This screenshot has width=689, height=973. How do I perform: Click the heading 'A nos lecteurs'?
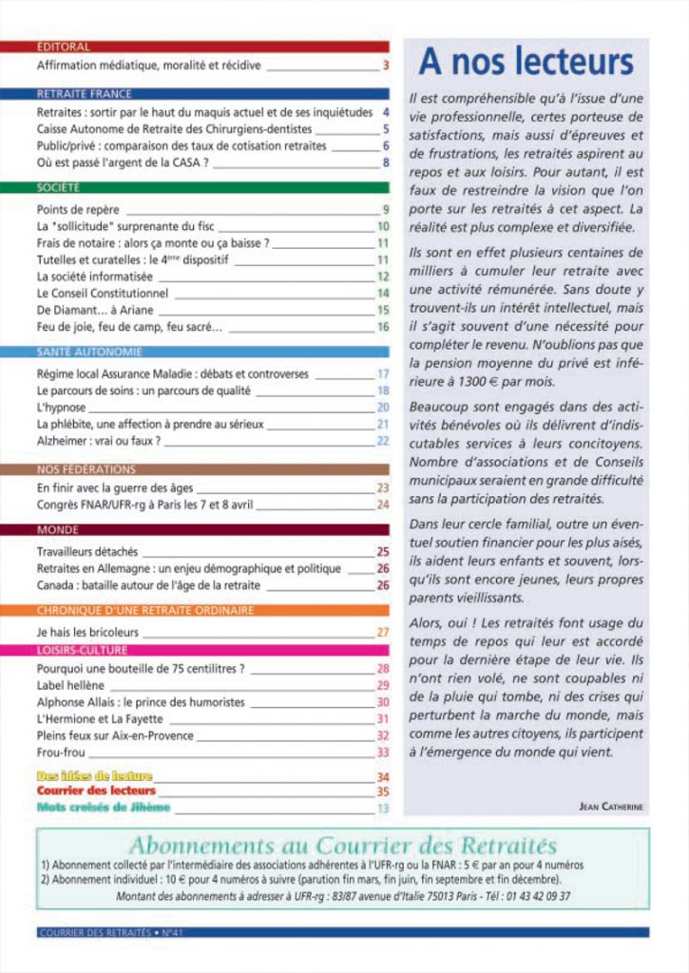pyautogui.click(x=526, y=63)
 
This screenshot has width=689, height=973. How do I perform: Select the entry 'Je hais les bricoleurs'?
pyautogui.click(x=87, y=632)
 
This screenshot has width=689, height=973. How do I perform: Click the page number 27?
pyautogui.click(x=383, y=632)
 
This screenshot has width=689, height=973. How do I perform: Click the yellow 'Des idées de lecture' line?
pyautogui.click(x=94, y=776)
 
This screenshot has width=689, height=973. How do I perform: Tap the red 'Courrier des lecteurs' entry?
pyautogui.click(x=96, y=791)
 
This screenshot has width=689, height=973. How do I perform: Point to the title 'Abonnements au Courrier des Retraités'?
pyautogui.click(x=343, y=846)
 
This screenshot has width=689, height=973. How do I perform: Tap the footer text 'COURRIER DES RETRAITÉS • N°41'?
pyautogui.click(x=110, y=932)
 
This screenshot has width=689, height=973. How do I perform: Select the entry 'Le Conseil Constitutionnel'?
pyautogui.click(x=102, y=294)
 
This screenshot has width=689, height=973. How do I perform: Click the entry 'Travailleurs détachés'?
pyautogui.click(x=86, y=552)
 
